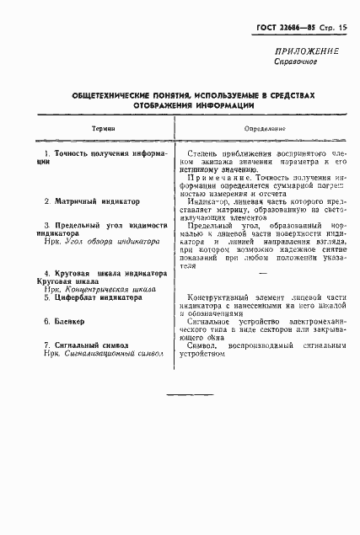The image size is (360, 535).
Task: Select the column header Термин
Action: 102,129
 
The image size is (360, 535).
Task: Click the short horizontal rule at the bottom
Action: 191,393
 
